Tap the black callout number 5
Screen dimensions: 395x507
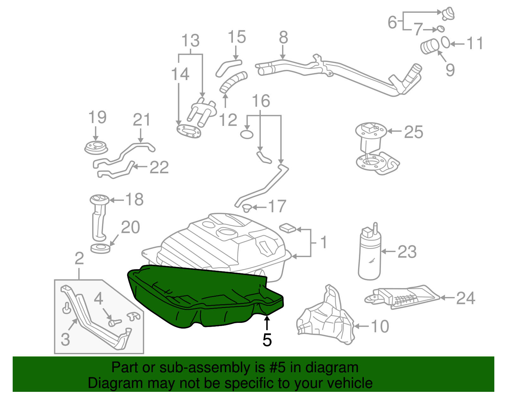267,340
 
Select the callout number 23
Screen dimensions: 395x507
407,252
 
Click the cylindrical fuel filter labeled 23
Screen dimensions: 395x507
369,253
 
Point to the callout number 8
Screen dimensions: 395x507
283,38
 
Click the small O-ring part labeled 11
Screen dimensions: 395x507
446,42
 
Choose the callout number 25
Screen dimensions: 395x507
414,132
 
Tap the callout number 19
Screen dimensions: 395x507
97,117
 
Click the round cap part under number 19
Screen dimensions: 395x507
96,148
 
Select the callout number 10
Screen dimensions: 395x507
380,326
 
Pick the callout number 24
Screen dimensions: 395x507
465,298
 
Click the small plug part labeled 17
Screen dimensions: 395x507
246,208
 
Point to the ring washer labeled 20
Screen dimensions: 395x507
100,248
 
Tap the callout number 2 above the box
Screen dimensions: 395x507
79,258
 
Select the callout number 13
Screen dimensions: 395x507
190,41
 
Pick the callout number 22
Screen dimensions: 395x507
159,167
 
